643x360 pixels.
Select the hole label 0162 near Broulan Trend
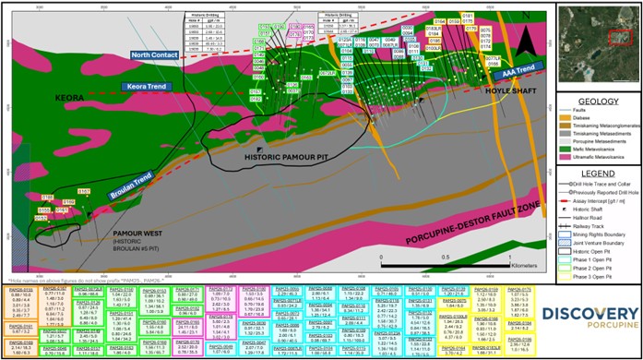(x=83, y=191)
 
